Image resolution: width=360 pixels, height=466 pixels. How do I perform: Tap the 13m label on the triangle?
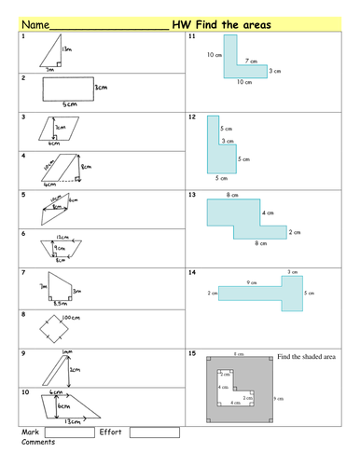click(x=67, y=48)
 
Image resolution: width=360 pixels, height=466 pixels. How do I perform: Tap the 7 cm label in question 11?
click(x=250, y=62)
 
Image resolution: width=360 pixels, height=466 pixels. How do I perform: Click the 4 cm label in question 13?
click(x=268, y=213)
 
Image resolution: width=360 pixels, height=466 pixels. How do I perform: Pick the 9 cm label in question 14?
click(x=252, y=283)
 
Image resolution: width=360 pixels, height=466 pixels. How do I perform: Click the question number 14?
click(x=192, y=272)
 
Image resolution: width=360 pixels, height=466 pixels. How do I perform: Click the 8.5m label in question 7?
click(x=58, y=304)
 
